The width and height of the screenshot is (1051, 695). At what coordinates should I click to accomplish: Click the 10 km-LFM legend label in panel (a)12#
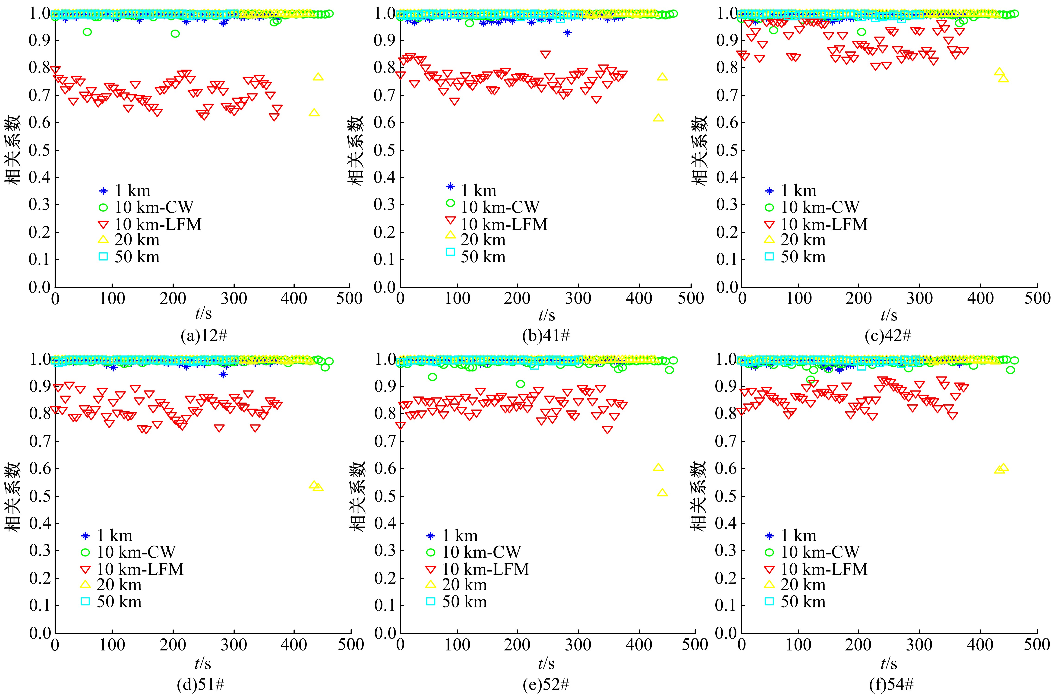tap(158, 224)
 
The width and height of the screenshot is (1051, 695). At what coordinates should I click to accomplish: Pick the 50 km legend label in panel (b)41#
tap(483, 257)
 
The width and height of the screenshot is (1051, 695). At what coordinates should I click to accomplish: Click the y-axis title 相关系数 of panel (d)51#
tap(13, 496)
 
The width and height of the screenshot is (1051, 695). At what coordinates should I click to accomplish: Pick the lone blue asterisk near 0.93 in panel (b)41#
tap(567, 33)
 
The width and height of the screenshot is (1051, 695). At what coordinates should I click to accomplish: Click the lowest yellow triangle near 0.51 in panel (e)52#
tap(662, 492)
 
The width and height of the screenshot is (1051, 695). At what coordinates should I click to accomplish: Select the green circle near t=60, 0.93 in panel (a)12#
tap(87, 32)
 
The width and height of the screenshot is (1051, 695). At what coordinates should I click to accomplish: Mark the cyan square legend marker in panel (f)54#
tap(769, 601)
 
